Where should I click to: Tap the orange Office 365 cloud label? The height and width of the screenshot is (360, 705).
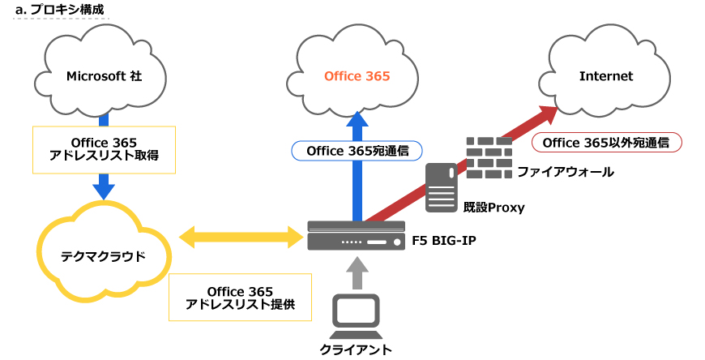357,76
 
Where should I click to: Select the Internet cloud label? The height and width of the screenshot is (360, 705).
605,76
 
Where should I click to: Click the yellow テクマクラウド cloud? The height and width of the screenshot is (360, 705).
104,255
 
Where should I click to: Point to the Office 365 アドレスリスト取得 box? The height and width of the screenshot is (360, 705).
104,148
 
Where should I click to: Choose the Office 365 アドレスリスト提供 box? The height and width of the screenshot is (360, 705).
239,298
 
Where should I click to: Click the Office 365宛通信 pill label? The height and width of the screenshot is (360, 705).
357,150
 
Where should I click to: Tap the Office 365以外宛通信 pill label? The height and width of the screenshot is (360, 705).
605,143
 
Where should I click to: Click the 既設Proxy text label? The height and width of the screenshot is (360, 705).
493,208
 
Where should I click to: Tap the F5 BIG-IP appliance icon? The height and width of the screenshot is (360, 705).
355,237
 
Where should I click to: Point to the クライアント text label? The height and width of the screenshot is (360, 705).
355,349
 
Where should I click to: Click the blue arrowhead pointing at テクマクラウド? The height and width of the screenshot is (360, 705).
104,191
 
